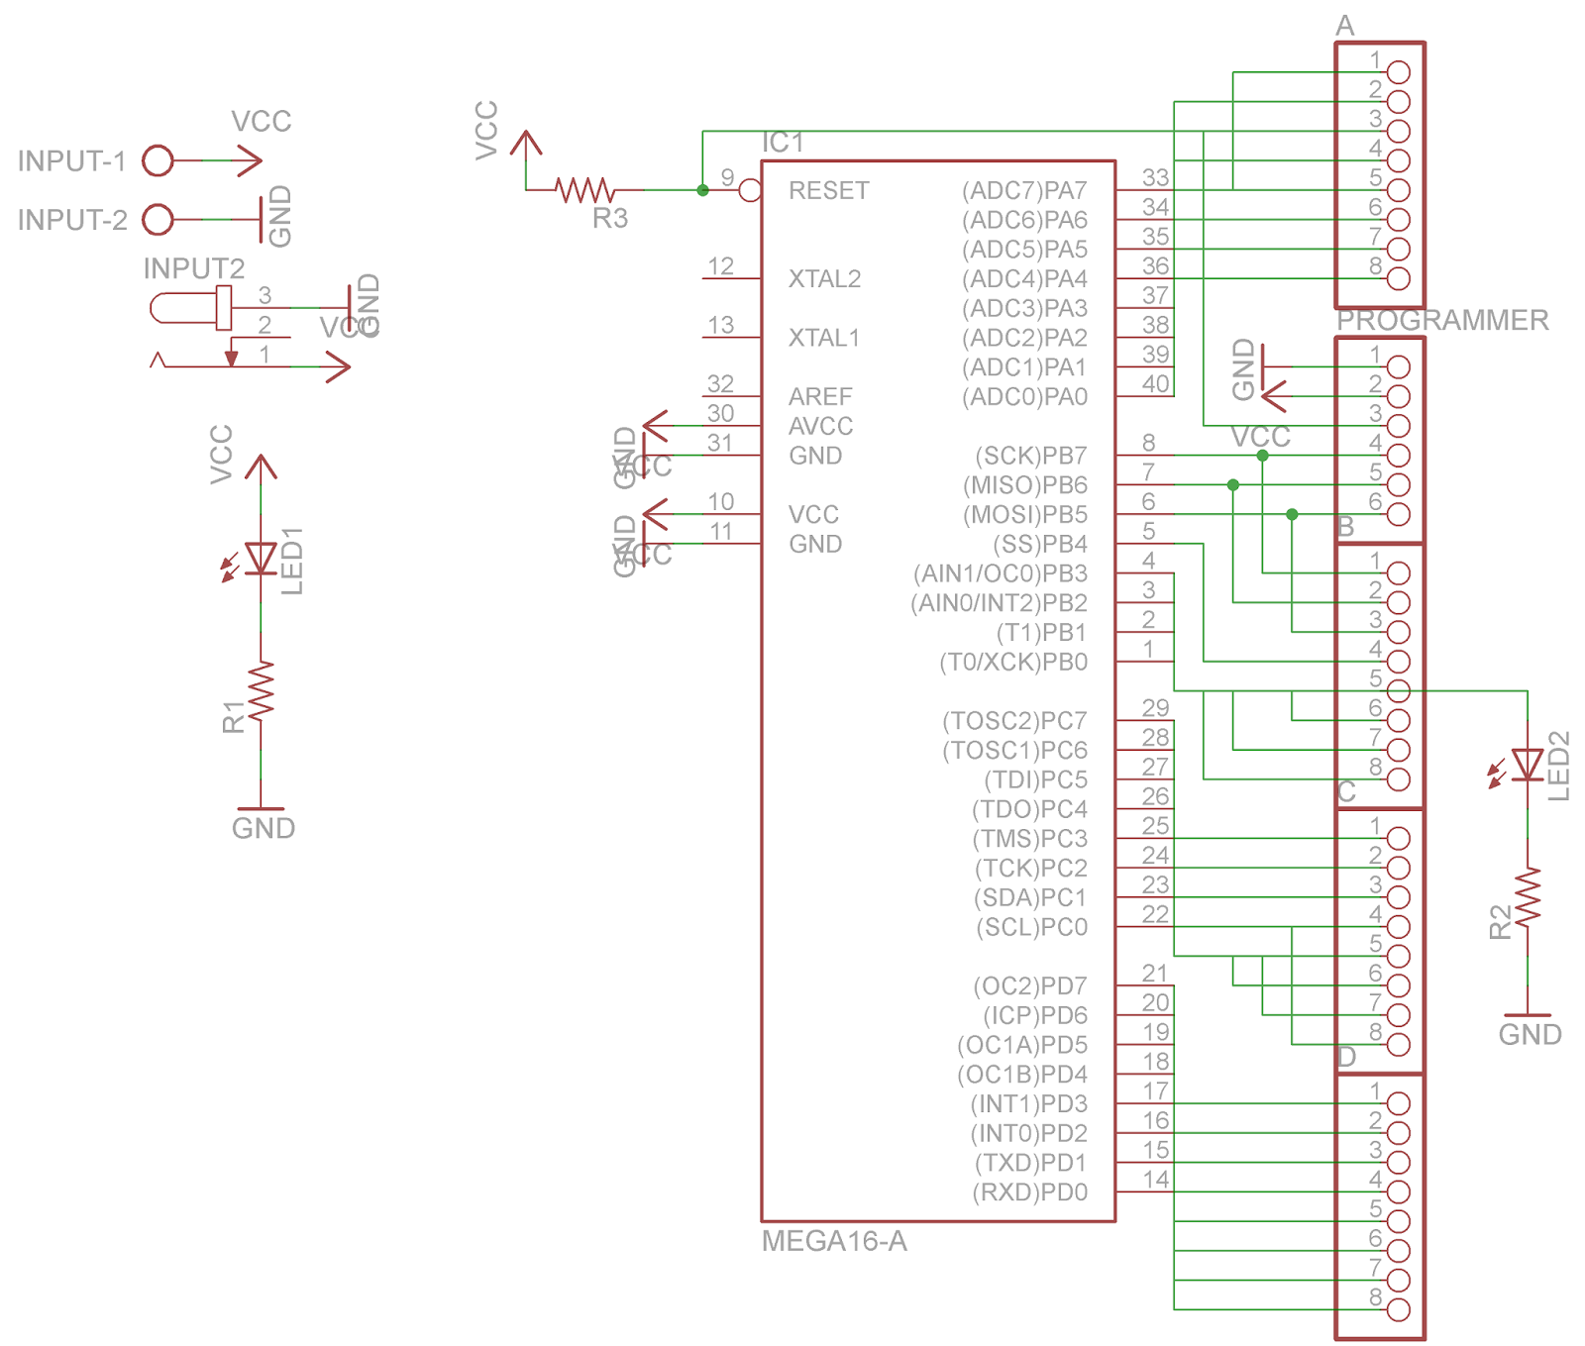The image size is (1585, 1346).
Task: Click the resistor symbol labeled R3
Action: pyautogui.click(x=584, y=189)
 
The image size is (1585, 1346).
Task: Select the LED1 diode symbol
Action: pyautogui.click(x=261, y=559)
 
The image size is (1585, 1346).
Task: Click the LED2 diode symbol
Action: pyautogui.click(x=1527, y=765)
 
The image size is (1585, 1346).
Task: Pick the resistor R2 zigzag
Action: pyautogui.click(x=1527, y=897)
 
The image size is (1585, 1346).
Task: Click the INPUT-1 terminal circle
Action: pyautogui.click(x=158, y=160)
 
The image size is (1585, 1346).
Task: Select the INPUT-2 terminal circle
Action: pyautogui.click(x=158, y=219)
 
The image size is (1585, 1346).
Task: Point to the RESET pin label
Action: pyautogui.click(x=828, y=190)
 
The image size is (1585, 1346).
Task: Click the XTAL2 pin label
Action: pyautogui.click(x=823, y=279)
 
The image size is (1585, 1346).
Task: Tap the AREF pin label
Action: pyautogui.click(x=819, y=397)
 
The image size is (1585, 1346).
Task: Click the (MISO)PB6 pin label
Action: pyautogui.click(x=1024, y=485)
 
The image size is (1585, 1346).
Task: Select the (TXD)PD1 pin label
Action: pyautogui.click(x=1030, y=1163)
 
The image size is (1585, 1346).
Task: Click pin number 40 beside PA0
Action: pyautogui.click(x=1155, y=384)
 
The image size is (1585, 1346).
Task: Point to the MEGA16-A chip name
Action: pyautogui.click(x=833, y=1241)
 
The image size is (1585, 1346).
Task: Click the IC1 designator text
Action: pyautogui.click(x=783, y=144)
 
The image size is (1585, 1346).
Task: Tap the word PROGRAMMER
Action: pyautogui.click(x=1441, y=320)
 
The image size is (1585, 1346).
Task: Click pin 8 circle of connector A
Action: pyautogui.click(x=1398, y=278)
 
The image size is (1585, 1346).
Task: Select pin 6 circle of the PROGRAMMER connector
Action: pyautogui.click(x=1398, y=514)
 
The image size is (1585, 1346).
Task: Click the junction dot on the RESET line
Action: pyautogui.click(x=702, y=190)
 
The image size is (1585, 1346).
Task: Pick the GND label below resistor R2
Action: pyautogui.click(x=1529, y=1035)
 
